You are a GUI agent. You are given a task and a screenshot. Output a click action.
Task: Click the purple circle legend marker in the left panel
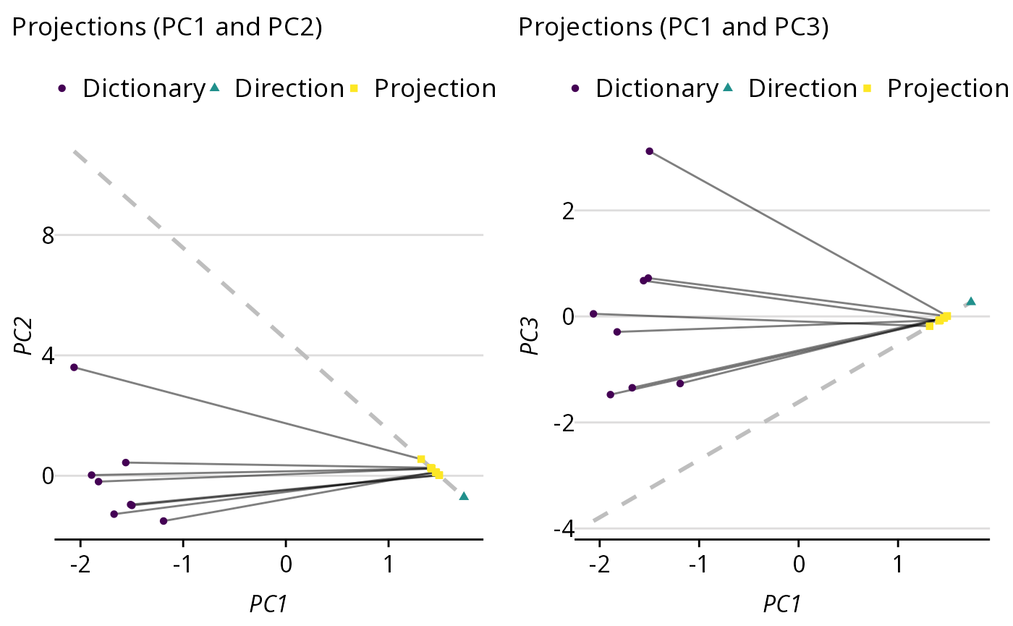coord(62,88)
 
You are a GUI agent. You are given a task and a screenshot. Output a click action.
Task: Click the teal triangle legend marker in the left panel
coord(214,88)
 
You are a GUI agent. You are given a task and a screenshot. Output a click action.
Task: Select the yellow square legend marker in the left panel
coord(354,88)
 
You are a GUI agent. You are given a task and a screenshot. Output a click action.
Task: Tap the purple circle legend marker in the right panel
coord(575,88)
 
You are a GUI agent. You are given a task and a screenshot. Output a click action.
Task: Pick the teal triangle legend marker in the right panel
coord(727,88)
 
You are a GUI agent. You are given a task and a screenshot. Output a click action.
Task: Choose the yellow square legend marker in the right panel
coord(867,88)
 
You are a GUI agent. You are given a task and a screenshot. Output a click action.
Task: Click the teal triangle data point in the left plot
coord(464,496)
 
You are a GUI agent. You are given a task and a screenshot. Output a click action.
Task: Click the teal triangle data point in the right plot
coord(971,301)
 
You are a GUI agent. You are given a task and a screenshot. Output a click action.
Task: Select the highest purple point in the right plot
coord(649,151)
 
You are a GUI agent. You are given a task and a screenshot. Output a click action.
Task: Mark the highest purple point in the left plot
coord(74,367)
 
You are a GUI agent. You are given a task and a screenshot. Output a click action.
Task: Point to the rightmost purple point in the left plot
coord(164,521)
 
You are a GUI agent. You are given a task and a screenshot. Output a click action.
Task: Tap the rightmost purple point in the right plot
coord(680,384)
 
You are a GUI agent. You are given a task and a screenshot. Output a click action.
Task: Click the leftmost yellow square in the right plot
coord(930,326)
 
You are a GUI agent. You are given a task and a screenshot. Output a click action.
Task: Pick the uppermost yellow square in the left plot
coord(421,459)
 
